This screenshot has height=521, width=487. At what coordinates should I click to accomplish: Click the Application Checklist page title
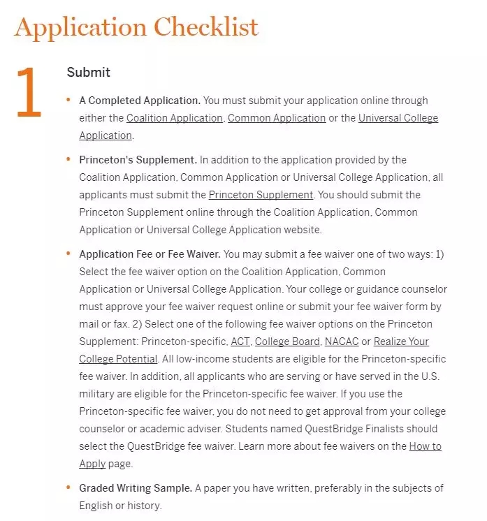click(136, 27)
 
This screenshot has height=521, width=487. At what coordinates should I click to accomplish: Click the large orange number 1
click(29, 92)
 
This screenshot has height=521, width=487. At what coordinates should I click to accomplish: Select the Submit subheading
click(88, 72)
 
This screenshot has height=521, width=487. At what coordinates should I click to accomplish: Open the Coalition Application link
click(174, 118)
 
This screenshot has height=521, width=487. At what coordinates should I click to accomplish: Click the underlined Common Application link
click(277, 118)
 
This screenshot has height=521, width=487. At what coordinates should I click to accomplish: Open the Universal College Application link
click(398, 118)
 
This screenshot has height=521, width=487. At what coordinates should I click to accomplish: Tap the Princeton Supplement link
click(261, 195)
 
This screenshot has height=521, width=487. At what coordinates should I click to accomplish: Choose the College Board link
click(287, 342)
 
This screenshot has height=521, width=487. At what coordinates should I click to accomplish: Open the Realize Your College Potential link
click(401, 342)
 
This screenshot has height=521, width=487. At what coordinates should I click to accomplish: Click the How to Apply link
click(425, 446)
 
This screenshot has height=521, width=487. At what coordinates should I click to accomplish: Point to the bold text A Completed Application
click(140, 101)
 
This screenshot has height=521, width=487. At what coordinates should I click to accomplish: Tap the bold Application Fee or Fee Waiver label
click(149, 254)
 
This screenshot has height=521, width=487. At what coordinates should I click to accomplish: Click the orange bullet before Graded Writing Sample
click(68, 487)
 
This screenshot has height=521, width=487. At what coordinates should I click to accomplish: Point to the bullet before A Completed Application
click(68, 100)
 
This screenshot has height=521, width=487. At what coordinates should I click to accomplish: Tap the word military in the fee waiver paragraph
click(97, 394)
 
